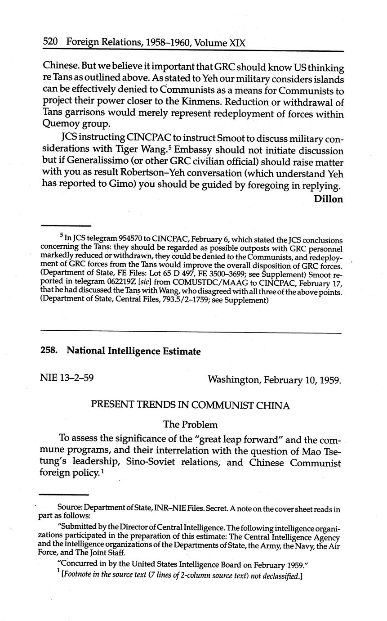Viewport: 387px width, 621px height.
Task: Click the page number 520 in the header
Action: click(50, 42)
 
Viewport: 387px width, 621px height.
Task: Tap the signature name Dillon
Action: click(328, 199)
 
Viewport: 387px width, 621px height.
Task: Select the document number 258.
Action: click(49, 351)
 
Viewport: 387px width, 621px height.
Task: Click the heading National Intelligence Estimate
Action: click(133, 351)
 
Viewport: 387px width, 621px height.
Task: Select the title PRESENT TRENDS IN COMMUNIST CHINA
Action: click(190, 405)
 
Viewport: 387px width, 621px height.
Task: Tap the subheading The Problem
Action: click(190, 424)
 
